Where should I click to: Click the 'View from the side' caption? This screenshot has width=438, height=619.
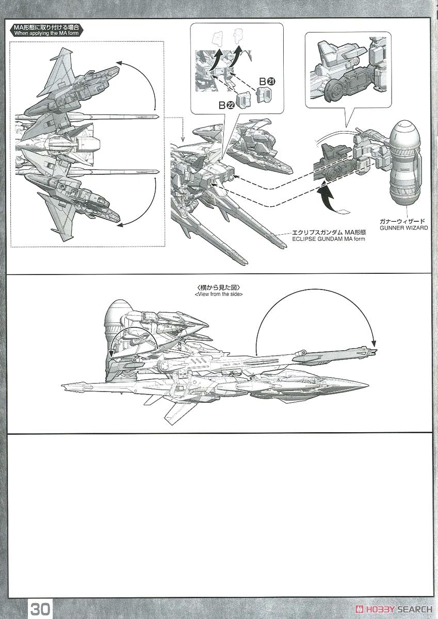point(219,294)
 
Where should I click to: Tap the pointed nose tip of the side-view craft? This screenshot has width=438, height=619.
point(367,385)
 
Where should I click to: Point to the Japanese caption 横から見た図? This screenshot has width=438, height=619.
point(219,287)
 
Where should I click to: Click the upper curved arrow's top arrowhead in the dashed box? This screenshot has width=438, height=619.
point(119,62)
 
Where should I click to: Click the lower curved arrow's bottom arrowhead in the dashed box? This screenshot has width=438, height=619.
point(119,224)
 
